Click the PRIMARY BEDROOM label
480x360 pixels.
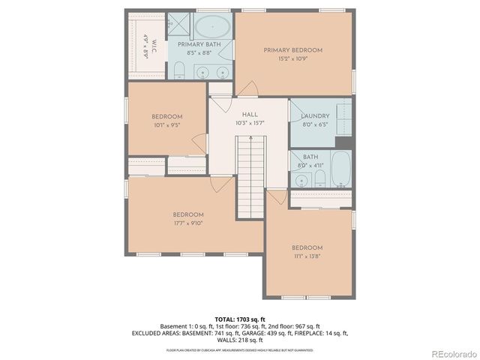292,50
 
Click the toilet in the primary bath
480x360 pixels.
179,71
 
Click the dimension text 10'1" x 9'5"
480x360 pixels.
166,126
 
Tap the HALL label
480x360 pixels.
250,114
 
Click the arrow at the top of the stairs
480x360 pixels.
250,141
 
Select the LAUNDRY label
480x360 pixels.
315,116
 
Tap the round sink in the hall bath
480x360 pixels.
301,181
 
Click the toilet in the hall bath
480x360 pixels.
319,178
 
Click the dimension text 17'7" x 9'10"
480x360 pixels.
189,223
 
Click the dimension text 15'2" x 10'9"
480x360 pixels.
292,59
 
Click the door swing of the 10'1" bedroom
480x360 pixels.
199,142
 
